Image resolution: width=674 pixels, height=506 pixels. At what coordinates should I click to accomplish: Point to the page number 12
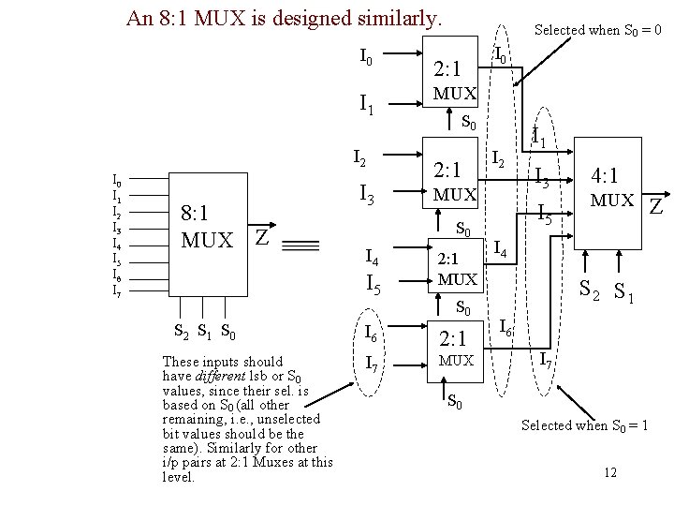click(x=610, y=472)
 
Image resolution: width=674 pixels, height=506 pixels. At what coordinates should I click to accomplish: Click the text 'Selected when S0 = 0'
click(x=598, y=30)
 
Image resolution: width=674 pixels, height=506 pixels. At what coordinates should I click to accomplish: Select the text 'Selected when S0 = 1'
click(x=585, y=425)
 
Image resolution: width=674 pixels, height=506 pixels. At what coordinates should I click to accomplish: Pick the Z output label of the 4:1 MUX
click(x=656, y=204)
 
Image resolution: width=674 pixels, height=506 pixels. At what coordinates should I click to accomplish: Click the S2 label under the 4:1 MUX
click(x=590, y=290)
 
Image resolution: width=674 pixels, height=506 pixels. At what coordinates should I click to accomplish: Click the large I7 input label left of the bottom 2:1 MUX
click(x=371, y=364)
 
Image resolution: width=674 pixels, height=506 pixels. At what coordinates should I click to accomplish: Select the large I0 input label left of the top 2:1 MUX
click(x=367, y=59)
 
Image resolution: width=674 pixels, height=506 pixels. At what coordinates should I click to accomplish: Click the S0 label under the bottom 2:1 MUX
click(x=454, y=402)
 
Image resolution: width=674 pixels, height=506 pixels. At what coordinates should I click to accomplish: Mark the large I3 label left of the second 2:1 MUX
click(x=368, y=196)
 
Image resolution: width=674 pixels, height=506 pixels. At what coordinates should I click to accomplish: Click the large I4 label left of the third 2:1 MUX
click(x=372, y=256)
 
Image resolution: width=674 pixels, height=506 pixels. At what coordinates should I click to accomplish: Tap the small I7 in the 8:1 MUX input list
click(x=116, y=291)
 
